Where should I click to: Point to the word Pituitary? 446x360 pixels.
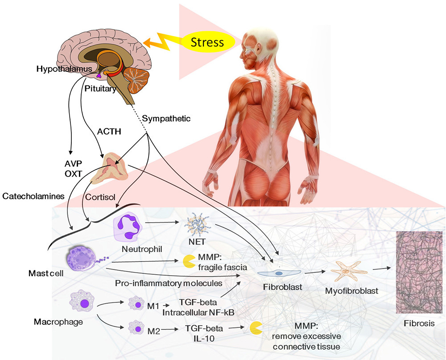[x=100, y=89]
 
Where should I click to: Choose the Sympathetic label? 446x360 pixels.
[x=166, y=119]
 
